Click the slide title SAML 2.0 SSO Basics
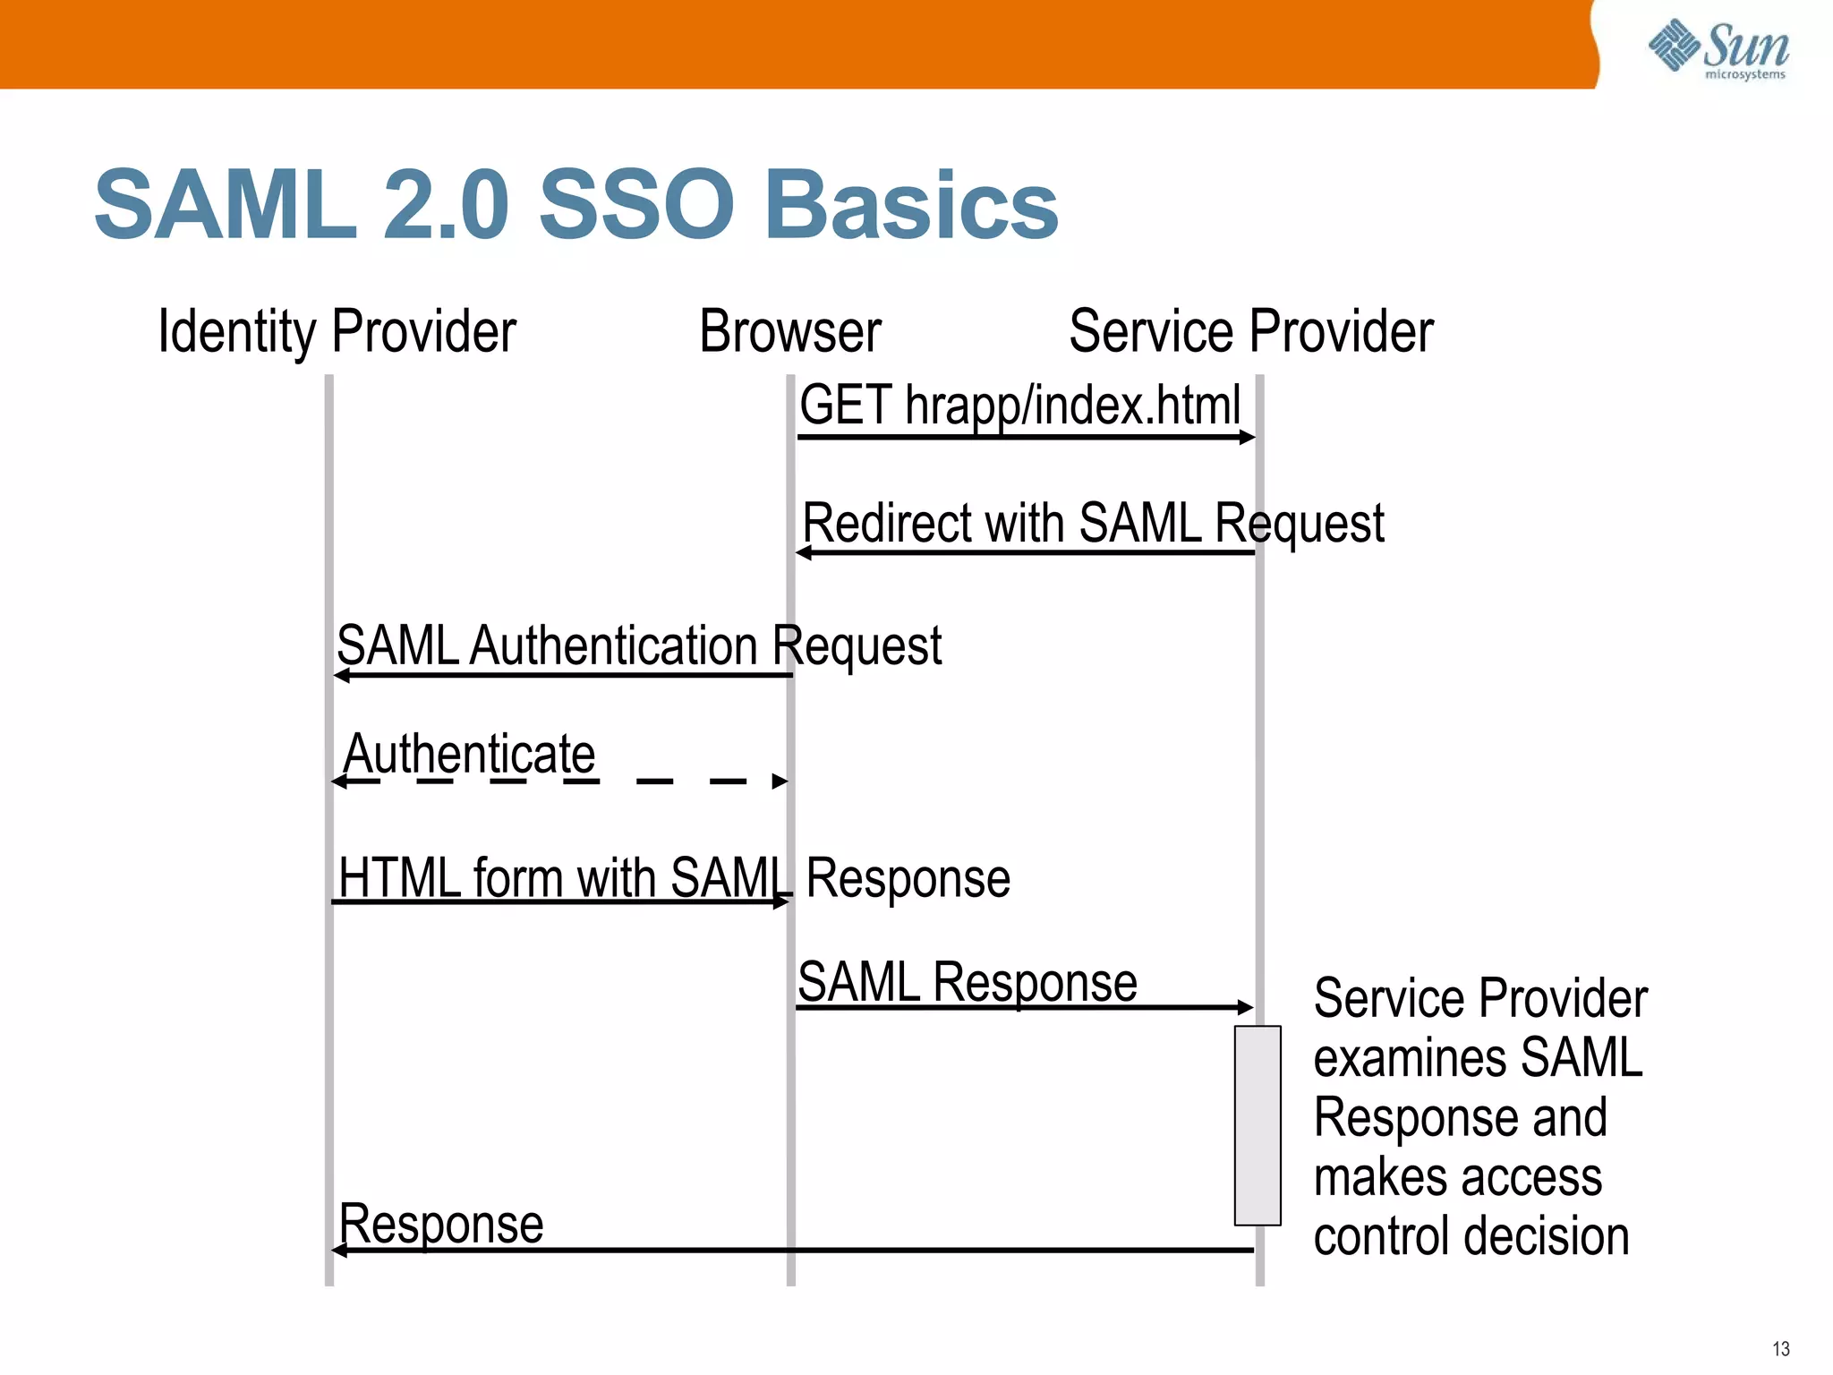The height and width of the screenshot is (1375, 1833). coord(575,205)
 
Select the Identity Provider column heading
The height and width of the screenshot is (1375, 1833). coord(337,331)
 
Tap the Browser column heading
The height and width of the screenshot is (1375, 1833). coord(789,331)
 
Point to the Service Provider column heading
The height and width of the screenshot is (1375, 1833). coord(1250,331)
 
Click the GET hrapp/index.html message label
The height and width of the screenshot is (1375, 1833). coord(1019,406)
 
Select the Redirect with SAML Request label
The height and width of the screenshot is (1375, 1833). coord(1092,523)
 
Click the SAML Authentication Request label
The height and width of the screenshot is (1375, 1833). coord(638,645)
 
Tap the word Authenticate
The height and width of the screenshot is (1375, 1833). coord(469,754)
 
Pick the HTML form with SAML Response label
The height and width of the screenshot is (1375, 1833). coord(674,877)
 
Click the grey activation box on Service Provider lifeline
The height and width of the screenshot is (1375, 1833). coord(1257,1125)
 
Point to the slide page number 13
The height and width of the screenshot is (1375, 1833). coord(1780,1349)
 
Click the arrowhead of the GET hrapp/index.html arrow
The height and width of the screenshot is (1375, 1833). coord(1248,438)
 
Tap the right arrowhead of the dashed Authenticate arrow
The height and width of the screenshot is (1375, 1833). coord(780,781)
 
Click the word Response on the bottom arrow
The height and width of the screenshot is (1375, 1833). coord(441,1224)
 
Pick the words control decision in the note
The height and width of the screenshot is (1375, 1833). coord(1471,1237)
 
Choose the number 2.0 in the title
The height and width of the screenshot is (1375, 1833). coord(446,205)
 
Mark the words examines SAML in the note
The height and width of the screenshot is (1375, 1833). coord(1477,1058)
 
